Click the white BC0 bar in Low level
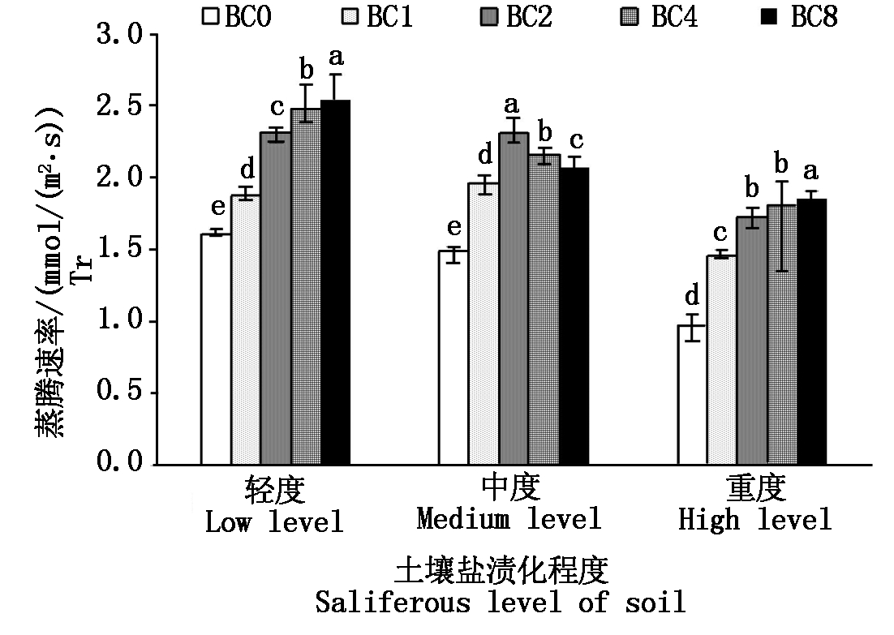[x=216, y=349]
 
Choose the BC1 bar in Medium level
[x=484, y=324]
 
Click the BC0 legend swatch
[x=213, y=16]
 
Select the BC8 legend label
[x=814, y=17]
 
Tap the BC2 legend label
[x=529, y=17]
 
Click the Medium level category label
[x=509, y=519]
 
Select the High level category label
[x=755, y=519]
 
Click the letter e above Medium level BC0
[x=454, y=226]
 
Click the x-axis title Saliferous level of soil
[x=501, y=603]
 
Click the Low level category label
[x=274, y=521]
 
